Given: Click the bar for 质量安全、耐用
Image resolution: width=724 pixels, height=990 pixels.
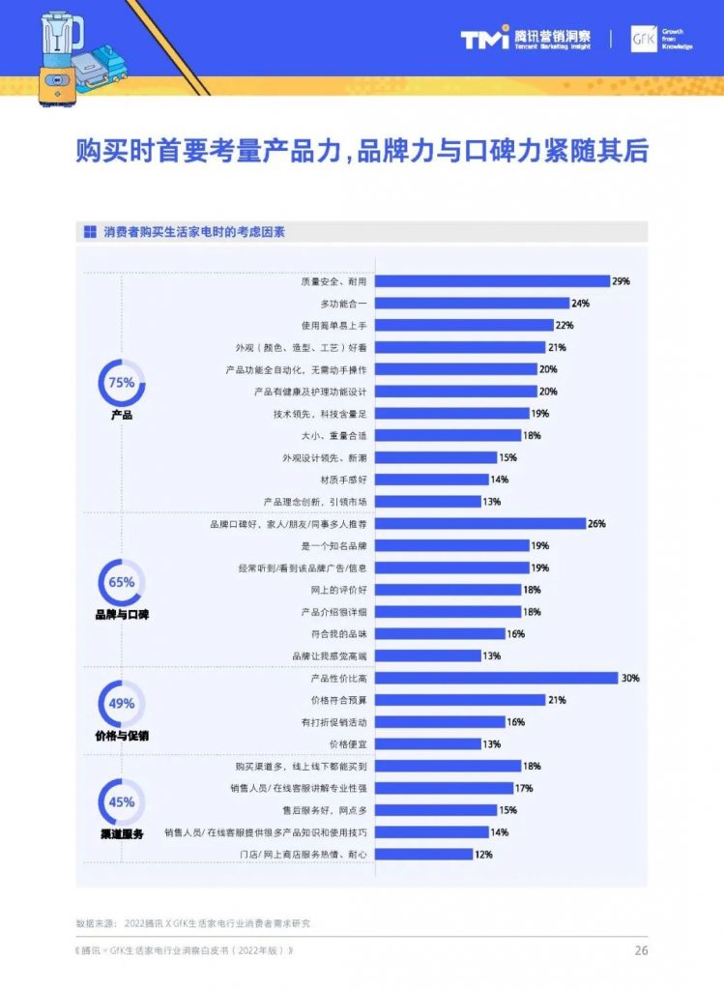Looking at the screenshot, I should (492, 281).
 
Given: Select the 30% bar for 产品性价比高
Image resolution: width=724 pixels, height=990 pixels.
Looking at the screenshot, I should (496, 678).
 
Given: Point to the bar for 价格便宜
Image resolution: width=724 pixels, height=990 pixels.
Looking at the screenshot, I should (427, 744).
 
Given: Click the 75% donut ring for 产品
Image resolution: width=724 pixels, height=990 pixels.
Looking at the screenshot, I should (122, 383).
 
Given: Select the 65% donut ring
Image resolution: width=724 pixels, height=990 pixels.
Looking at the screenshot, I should (122, 583).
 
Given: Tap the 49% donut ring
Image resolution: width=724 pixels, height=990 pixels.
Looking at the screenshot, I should (122, 705).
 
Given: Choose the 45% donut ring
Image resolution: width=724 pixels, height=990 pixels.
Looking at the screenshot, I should (122, 802).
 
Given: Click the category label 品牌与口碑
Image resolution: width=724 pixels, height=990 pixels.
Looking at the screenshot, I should (122, 615).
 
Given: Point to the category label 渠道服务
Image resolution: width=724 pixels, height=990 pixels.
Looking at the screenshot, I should (122, 833).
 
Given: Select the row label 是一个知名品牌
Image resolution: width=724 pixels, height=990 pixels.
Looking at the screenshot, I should (333, 546).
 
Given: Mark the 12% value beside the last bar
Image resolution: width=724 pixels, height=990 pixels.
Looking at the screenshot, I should (484, 855).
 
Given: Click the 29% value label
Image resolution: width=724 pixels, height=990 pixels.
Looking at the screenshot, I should (621, 281).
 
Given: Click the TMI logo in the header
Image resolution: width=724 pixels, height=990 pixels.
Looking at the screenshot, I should (484, 40).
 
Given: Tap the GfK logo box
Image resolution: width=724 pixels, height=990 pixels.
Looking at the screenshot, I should (644, 39).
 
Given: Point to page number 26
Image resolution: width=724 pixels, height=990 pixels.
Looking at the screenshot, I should (641, 950).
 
